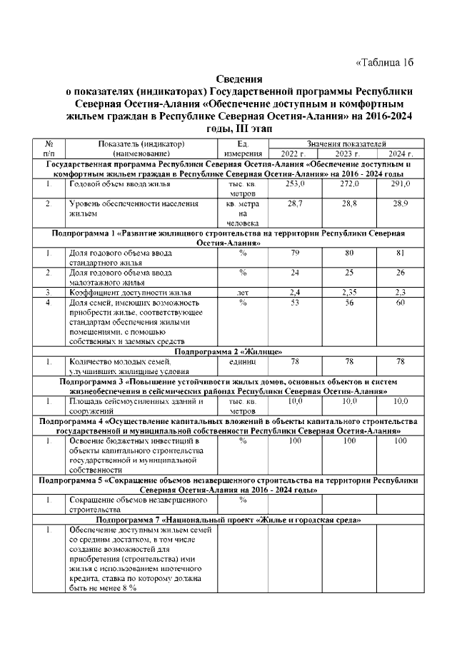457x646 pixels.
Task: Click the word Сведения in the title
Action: pos(239,79)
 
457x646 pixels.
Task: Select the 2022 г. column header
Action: pos(293,153)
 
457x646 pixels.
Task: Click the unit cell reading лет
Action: pos(242,292)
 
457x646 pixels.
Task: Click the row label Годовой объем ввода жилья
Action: pos(119,184)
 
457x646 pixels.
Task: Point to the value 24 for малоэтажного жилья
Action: pos(295,272)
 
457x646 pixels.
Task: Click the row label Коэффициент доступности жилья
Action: pos(129,292)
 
